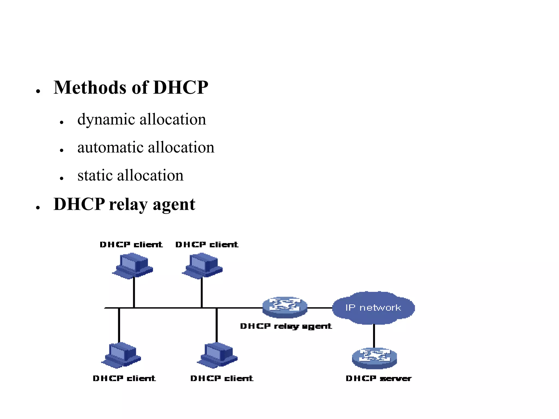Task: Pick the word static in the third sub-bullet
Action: [95, 175]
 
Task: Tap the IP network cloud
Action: [373, 308]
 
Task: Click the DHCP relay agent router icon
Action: [285, 307]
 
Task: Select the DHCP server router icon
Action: [374, 358]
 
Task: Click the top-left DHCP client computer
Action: [133, 265]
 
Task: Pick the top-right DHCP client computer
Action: [202, 265]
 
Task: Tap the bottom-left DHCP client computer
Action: [121, 355]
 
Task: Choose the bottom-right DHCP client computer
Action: [217, 355]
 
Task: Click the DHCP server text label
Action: [378, 378]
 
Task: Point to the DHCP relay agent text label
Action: [286, 326]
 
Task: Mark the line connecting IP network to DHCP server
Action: [374, 336]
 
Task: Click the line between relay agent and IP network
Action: [320, 308]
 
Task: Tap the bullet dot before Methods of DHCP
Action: [38, 91]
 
